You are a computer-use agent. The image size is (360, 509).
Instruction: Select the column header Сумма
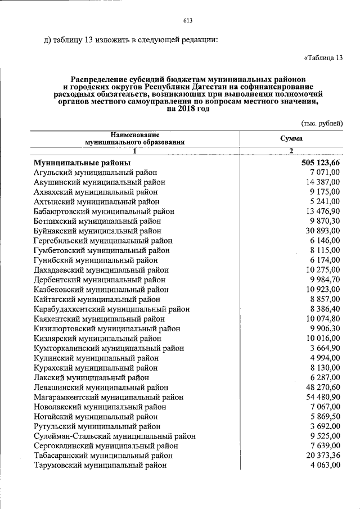[291, 138]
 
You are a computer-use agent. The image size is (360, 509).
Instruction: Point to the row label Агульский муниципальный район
[96, 172]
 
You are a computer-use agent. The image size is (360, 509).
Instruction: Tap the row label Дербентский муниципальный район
[100, 280]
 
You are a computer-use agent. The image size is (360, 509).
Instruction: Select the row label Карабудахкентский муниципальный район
[111, 309]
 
